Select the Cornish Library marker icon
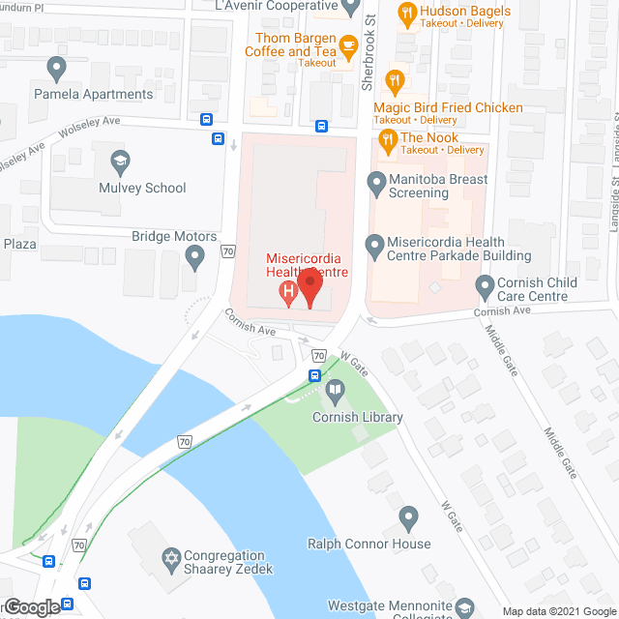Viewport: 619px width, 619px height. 335,392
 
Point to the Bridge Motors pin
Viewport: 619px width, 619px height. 195,257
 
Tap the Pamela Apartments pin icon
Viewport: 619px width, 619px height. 56,69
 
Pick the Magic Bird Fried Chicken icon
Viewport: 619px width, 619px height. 394,81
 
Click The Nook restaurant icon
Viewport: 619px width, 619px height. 387,142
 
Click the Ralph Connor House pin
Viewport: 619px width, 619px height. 408,518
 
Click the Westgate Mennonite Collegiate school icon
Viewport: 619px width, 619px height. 465,606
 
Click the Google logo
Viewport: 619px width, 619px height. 31,607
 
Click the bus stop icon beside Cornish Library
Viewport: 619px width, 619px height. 315,375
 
